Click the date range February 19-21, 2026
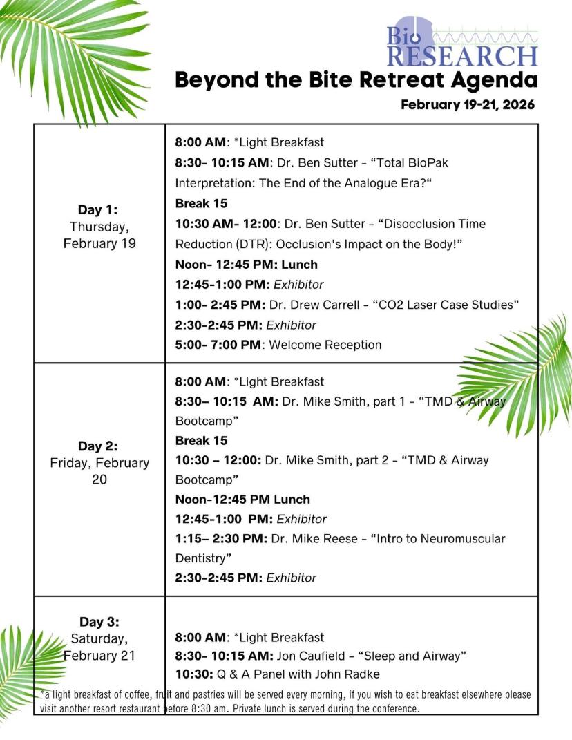coord(468,105)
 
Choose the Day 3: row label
coord(99,622)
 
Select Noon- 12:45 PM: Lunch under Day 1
coord(246,265)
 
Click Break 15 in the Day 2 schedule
coord(201,440)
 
